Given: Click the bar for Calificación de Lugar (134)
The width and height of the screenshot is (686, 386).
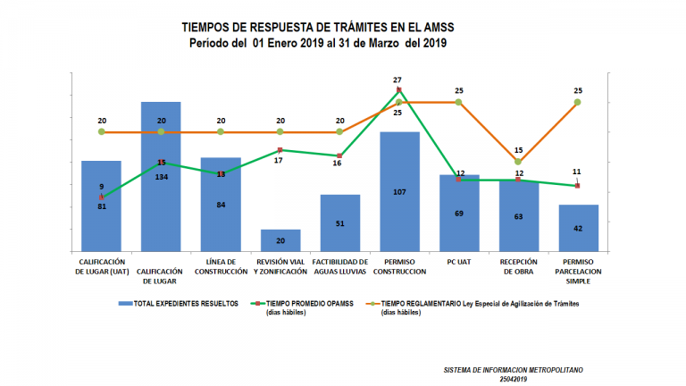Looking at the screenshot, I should (x=161, y=179).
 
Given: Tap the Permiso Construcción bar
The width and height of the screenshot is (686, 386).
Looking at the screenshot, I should (x=399, y=192).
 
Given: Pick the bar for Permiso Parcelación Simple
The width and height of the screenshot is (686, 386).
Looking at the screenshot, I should (x=578, y=230).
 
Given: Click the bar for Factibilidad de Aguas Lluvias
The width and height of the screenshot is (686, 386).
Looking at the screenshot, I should (x=339, y=223).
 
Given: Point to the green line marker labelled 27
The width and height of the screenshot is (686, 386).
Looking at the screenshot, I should (x=399, y=90).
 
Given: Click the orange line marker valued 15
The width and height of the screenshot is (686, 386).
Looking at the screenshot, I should (x=518, y=162).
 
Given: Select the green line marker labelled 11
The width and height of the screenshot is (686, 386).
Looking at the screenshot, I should (x=578, y=186).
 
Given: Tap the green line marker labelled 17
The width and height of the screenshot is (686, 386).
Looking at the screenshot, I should (x=280, y=150).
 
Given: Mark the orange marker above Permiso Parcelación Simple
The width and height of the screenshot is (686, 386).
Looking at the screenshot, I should (x=578, y=103).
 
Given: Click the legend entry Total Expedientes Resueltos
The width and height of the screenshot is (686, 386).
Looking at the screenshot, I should (x=179, y=304).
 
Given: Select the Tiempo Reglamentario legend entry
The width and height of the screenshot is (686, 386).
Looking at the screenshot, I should (x=473, y=304).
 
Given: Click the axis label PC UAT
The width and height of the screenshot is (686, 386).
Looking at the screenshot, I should (x=459, y=261).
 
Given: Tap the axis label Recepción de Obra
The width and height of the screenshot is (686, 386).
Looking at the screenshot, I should (x=518, y=265).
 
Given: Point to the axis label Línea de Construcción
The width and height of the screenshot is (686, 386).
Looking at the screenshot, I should (x=221, y=265).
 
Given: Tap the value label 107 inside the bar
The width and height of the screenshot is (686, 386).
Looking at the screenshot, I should (x=399, y=192).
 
